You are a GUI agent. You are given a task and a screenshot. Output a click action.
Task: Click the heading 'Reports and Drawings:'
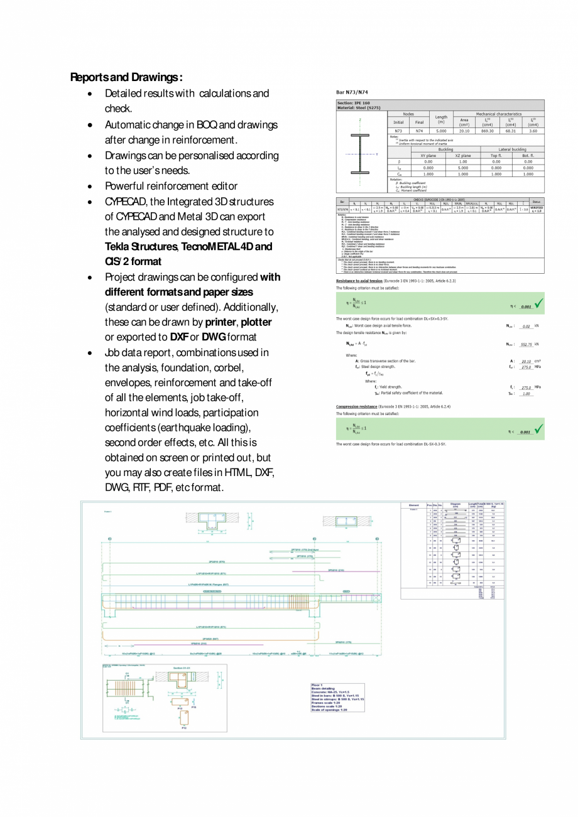point(126,78)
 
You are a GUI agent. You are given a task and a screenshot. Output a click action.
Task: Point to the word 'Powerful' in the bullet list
point(124,186)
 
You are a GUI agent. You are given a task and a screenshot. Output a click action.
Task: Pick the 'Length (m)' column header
point(441,119)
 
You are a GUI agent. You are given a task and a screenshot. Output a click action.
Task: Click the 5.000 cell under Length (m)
point(441,131)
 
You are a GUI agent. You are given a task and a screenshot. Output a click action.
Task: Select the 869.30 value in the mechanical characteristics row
point(487,131)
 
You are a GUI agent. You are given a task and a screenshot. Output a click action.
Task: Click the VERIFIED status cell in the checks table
point(536,208)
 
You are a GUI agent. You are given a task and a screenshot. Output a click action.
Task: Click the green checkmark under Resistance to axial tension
point(538,305)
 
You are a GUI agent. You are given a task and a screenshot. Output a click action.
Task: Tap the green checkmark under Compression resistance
point(538,430)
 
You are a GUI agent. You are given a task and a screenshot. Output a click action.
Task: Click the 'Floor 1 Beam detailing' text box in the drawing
point(337,697)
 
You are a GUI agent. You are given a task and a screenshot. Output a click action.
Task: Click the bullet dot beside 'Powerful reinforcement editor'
point(92,187)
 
